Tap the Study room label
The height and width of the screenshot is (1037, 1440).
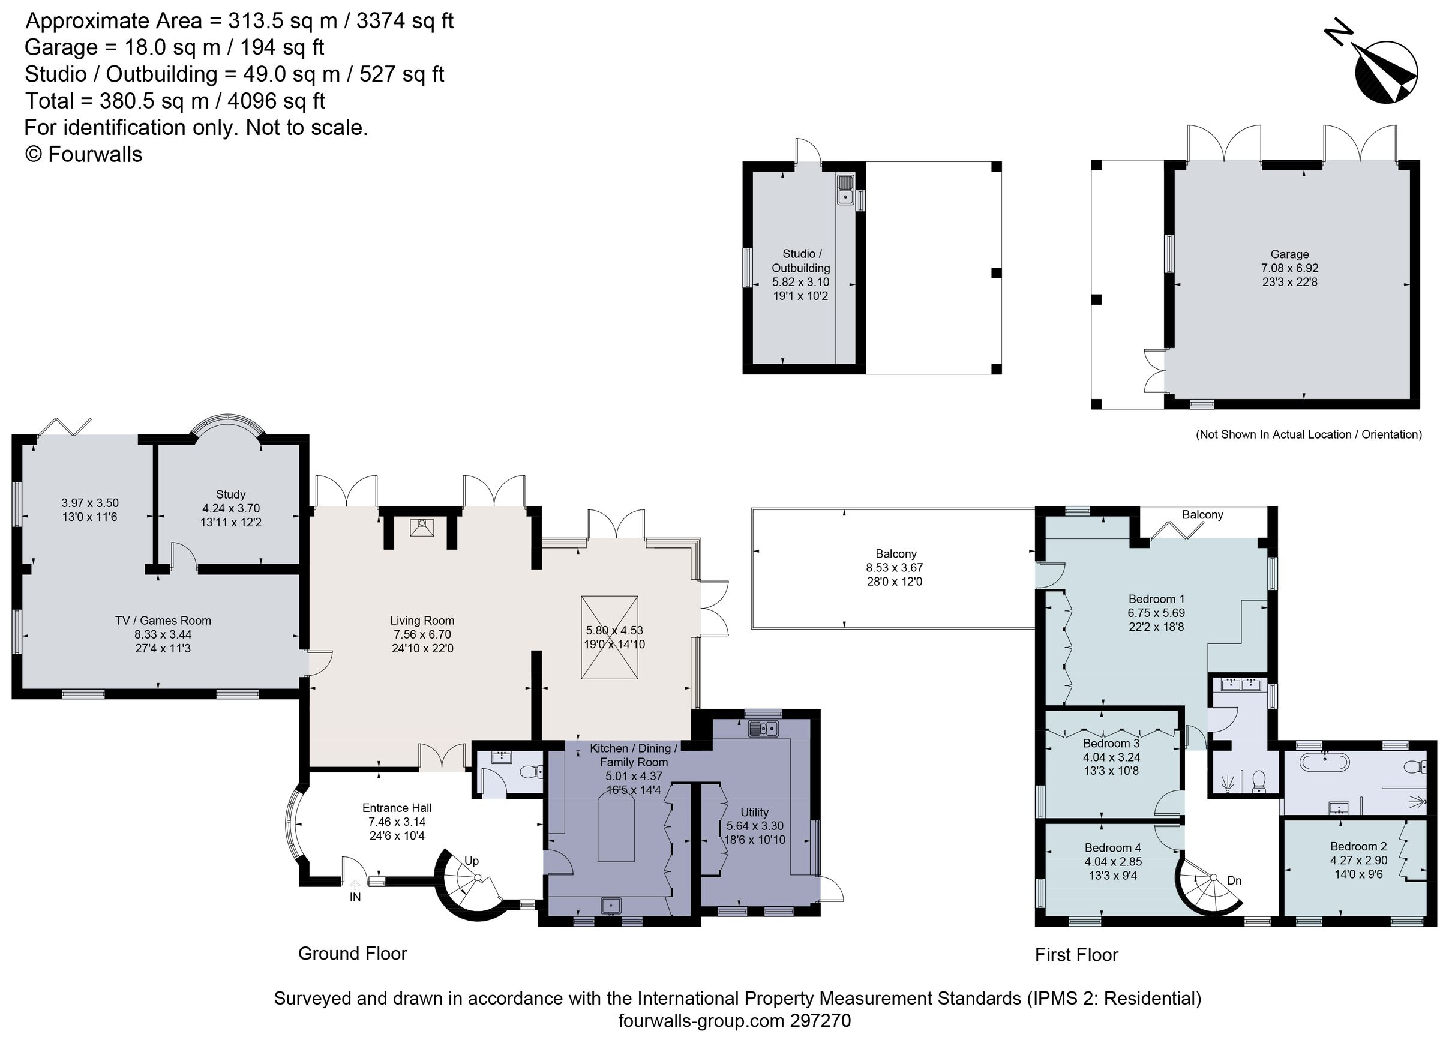(x=230, y=494)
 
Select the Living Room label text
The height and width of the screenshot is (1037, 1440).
(x=422, y=621)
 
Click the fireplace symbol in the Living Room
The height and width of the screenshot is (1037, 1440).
(x=422, y=528)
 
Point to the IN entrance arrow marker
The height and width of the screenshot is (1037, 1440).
(x=355, y=885)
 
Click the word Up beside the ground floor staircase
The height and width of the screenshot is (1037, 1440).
(x=471, y=861)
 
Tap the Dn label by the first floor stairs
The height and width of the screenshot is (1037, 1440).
(x=1234, y=880)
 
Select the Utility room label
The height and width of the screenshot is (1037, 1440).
(x=754, y=812)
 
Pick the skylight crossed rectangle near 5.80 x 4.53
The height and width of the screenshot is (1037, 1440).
(x=610, y=637)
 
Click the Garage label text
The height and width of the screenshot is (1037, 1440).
(x=1289, y=254)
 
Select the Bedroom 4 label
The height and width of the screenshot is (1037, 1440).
(x=1112, y=848)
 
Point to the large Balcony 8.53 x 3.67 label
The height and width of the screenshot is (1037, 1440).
(x=895, y=554)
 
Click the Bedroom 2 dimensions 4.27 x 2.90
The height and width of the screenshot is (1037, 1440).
(x=1359, y=861)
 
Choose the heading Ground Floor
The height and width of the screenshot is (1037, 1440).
(x=352, y=953)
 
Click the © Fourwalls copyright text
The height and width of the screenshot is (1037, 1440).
(x=83, y=154)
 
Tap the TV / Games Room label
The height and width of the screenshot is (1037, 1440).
(x=163, y=621)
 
